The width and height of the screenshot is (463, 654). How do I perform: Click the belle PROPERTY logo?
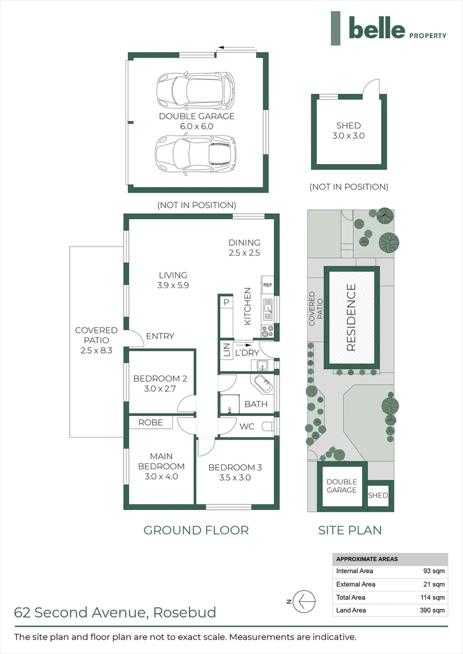click(x=388, y=28)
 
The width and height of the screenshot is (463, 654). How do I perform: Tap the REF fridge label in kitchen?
click(x=268, y=285)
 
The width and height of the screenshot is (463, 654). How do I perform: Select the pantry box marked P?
click(x=226, y=302)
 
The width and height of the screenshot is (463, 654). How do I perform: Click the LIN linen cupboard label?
click(x=227, y=351)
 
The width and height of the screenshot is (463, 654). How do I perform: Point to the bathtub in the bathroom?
click(x=263, y=384)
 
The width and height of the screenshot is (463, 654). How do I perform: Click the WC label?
click(x=247, y=426)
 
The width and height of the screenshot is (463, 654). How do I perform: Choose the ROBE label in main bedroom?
click(x=150, y=422)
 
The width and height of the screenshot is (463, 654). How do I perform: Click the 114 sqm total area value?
click(x=434, y=597)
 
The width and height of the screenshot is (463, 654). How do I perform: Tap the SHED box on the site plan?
click(x=378, y=495)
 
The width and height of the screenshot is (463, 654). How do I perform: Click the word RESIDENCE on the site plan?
click(x=351, y=319)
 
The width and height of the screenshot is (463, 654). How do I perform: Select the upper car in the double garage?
click(x=195, y=90)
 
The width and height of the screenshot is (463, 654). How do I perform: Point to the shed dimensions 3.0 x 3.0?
click(x=348, y=136)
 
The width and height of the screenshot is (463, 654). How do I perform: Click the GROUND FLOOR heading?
click(x=196, y=530)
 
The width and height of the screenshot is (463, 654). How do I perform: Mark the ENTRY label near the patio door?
click(x=160, y=336)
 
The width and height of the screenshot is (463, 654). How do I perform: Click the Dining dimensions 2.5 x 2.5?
click(x=244, y=253)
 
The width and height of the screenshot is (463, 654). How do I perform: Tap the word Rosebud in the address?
click(x=185, y=612)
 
